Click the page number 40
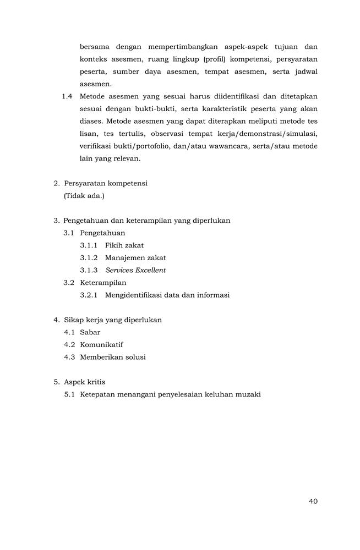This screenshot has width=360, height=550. pyautogui.click(x=313, y=501)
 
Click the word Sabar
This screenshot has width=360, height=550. pyautogui.click(x=90, y=332)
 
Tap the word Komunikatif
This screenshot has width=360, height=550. pyautogui.click(x=101, y=344)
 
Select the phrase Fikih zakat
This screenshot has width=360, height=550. pyautogui.click(x=124, y=245)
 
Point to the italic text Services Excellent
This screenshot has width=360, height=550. pyautogui.click(x=135, y=270)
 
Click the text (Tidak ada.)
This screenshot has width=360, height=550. pyautogui.click(x=84, y=196)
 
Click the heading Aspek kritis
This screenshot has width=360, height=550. pyautogui.click(x=84, y=382)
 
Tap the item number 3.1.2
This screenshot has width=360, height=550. pyautogui.click(x=89, y=257)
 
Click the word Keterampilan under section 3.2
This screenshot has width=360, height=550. pyautogui.click(x=103, y=283)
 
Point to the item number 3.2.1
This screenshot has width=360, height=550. pyautogui.click(x=89, y=295)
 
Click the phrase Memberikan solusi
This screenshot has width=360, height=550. pyautogui.click(x=113, y=357)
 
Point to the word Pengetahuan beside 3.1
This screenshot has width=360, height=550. pyautogui.click(x=102, y=233)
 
